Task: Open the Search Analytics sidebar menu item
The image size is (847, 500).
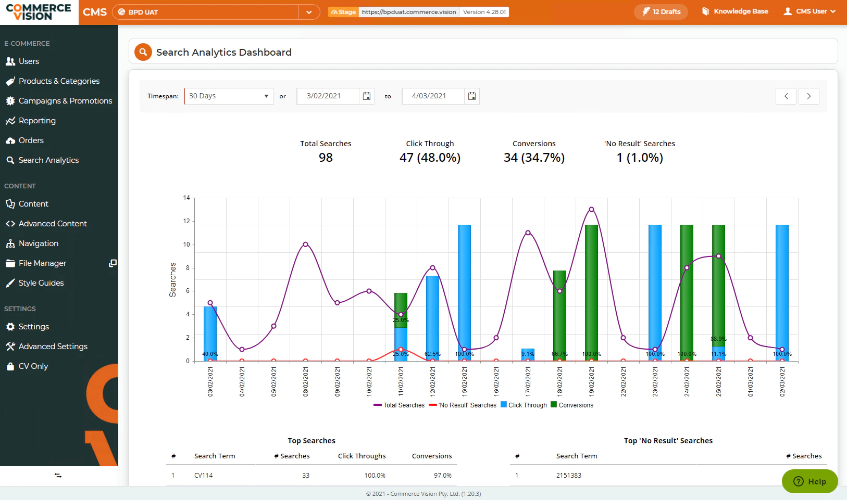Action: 42,160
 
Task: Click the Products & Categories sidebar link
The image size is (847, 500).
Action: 53,81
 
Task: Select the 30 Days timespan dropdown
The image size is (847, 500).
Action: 229,96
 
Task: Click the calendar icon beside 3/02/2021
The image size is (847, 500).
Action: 366,96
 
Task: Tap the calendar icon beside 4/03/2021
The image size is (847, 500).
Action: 471,96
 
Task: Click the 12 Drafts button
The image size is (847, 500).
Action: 661,12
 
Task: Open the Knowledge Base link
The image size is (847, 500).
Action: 735,11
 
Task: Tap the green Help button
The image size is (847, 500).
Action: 809,481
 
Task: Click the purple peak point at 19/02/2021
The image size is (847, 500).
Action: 591,209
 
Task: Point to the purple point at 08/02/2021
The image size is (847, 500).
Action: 306,245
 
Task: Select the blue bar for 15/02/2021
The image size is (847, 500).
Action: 464,293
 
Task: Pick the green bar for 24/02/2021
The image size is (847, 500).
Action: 687,293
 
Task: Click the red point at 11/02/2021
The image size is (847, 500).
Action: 401,349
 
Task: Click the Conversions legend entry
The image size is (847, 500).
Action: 572,405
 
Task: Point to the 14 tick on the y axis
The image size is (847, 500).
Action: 186,198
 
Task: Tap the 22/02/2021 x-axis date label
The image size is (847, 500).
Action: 623,382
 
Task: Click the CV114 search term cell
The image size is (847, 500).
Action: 204,475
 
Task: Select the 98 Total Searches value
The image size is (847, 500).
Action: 326,158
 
